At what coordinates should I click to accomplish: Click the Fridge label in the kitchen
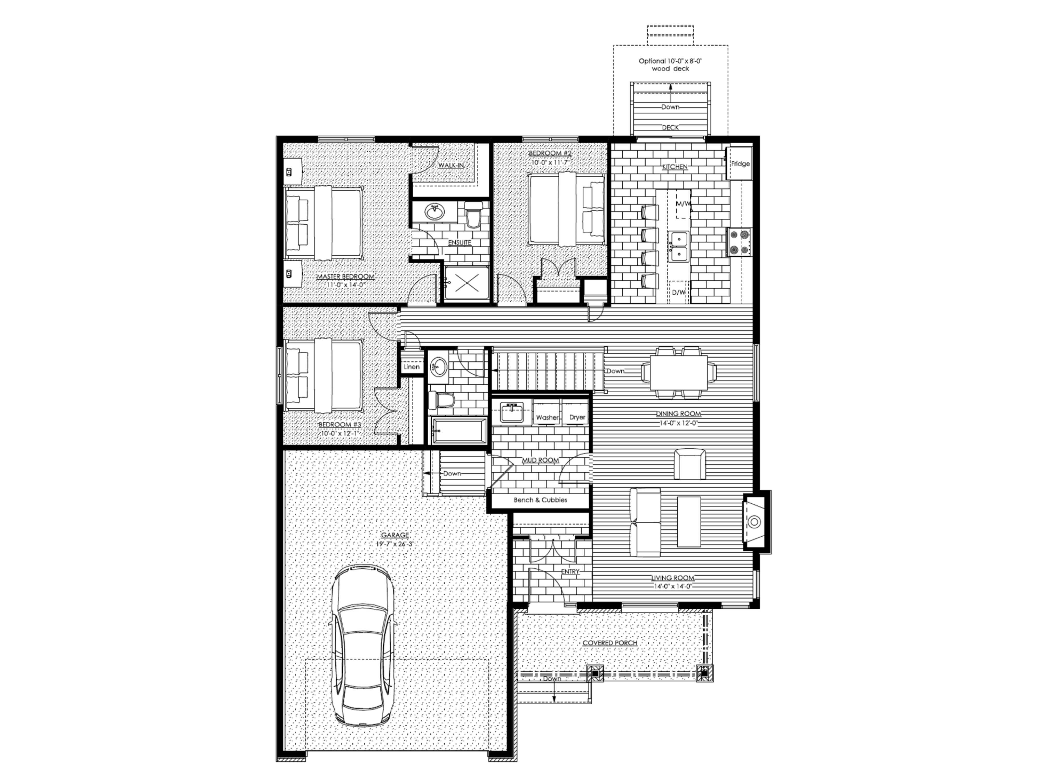pyautogui.click(x=740, y=164)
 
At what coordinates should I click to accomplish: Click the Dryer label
pyautogui.click(x=577, y=417)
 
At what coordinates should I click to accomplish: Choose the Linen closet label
pyautogui.click(x=411, y=367)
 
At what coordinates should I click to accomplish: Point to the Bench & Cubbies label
pyautogui.click(x=540, y=500)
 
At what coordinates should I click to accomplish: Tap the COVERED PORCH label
pyautogui.click(x=610, y=643)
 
